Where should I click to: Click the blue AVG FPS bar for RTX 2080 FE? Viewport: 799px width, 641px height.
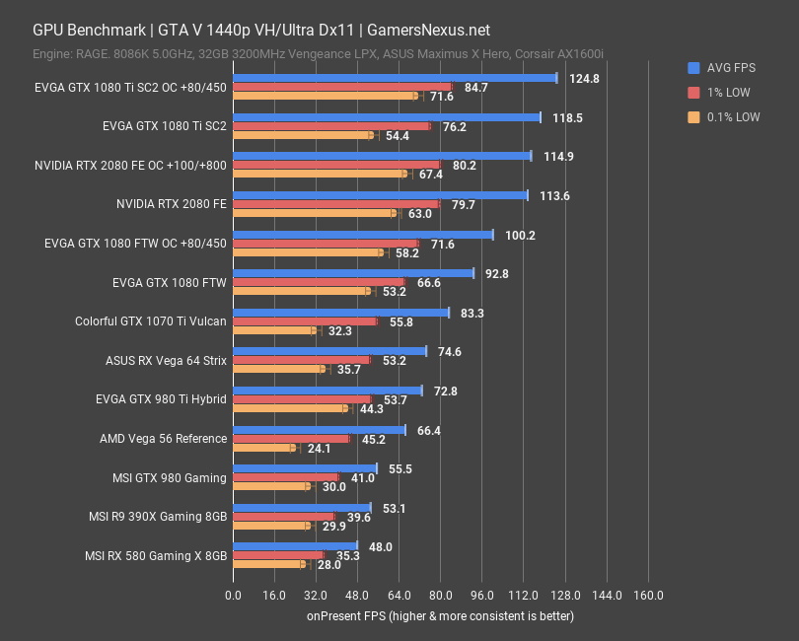pyautogui.click(x=380, y=195)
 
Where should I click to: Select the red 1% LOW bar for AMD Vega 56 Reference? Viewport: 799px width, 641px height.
pyautogui.click(x=291, y=439)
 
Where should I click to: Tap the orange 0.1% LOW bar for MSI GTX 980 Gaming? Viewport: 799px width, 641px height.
pyautogui.click(x=270, y=486)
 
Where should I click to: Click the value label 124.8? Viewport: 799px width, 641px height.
pyautogui.click(x=584, y=78)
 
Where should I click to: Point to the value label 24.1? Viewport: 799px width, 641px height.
pyautogui.click(x=319, y=448)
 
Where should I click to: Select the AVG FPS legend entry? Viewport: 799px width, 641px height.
pyautogui.click(x=729, y=68)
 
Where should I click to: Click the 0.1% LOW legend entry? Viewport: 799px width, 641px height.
pyautogui.click(x=731, y=116)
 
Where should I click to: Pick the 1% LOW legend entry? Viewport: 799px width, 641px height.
pyautogui.click(x=726, y=93)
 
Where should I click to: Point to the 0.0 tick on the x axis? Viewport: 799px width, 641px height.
pyautogui.click(x=233, y=596)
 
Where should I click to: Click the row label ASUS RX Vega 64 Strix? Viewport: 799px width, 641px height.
pyautogui.click(x=166, y=361)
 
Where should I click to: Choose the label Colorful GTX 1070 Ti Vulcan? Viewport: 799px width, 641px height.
pyautogui.click(x=151, y=321)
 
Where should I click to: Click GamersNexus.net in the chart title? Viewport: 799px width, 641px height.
pyautogui.click(x=428, y=32)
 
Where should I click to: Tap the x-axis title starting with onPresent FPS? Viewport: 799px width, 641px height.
pyautogui.click(x=439, y=615)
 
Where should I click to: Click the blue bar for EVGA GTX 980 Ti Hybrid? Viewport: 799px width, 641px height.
pyautogui.click(x=327, y=391)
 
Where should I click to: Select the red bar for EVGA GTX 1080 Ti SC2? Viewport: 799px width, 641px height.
pyautogui.click(x=331, y=126)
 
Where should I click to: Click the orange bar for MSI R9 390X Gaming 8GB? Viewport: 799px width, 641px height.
pyautogui.click(x=270, y=526)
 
